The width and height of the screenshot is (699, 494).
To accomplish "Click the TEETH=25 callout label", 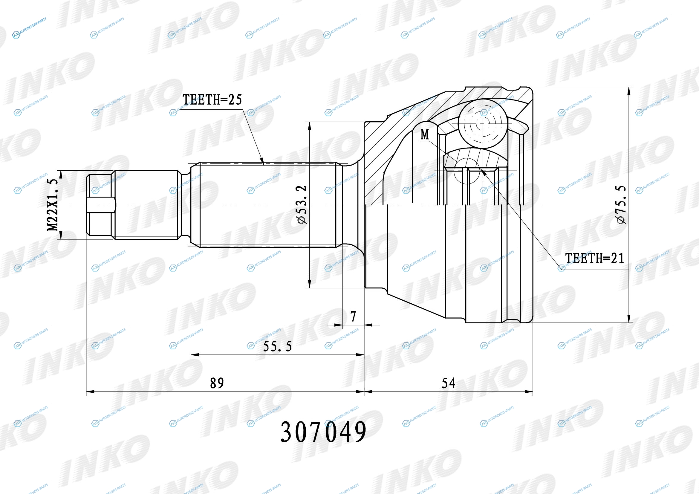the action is click(212, 100).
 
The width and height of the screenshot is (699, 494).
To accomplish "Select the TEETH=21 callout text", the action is click(595, 258).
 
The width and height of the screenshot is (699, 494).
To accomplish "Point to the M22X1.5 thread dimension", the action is click(52, 205).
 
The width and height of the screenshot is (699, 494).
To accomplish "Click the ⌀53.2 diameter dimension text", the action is click(302, 204).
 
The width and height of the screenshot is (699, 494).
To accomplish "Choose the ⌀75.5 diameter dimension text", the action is click(621, 204).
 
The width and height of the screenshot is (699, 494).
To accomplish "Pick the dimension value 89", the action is click(217, 383).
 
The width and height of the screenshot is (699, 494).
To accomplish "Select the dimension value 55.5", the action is click(277, 346).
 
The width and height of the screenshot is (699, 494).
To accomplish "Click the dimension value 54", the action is click(449, 383).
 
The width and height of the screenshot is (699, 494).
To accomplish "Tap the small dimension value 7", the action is click(353, 316).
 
